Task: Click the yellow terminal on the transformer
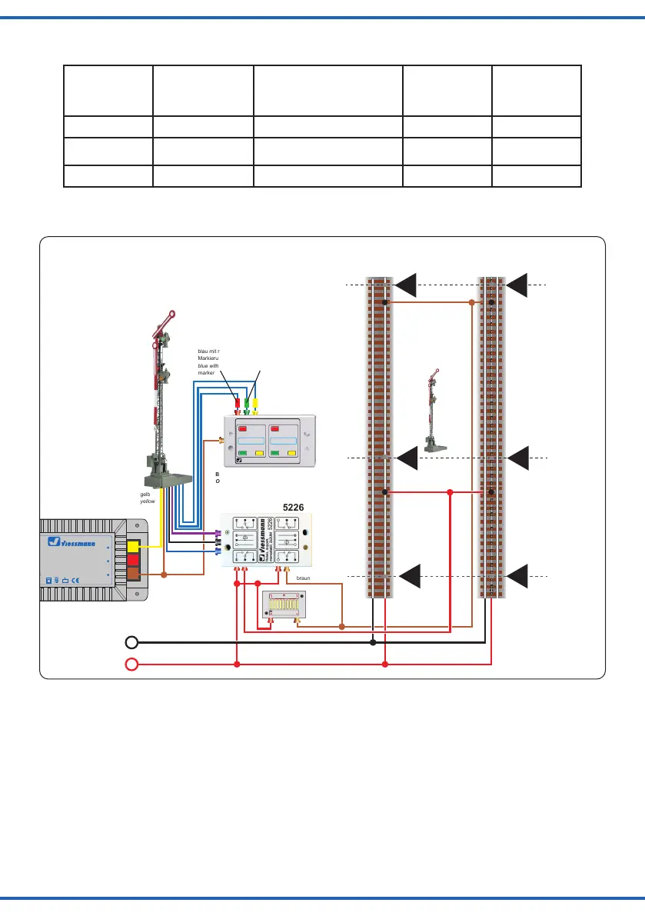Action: tap(133, 547)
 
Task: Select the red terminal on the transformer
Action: tap(133, 561)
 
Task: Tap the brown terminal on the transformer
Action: tap(133, 575)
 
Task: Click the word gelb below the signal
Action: tap(145, 495)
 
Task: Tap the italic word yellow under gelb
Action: tap(148, 502)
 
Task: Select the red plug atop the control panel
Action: tap(237, 403)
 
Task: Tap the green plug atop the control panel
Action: tap(247, 403)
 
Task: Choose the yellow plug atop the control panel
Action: tap(256, 403)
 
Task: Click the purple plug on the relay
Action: tap(218, 532)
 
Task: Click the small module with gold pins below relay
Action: tap(285, 605)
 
